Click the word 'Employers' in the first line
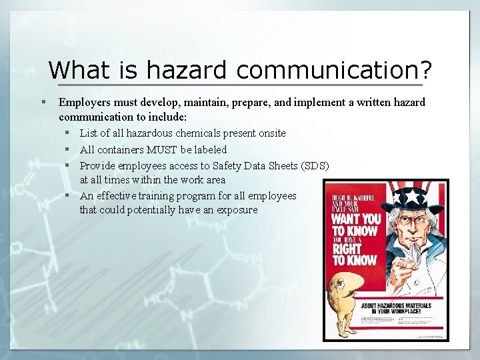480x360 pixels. pyautogui.click(x=82, y=102)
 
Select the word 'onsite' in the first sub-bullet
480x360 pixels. pyautogui.click(x=270, y=133)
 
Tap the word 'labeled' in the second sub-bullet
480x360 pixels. pyautogui.click(x=209, y=149)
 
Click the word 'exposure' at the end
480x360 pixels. pyautogui.click(x=237, y=210)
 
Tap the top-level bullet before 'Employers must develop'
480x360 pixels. pyautogui.click(x=42, y=102)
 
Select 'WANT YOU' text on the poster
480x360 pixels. pyautogui.click(x=357, y=218)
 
